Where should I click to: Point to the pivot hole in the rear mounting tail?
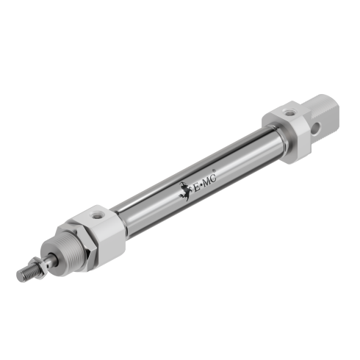pos(321,124)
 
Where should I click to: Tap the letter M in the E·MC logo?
pos(208,181)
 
